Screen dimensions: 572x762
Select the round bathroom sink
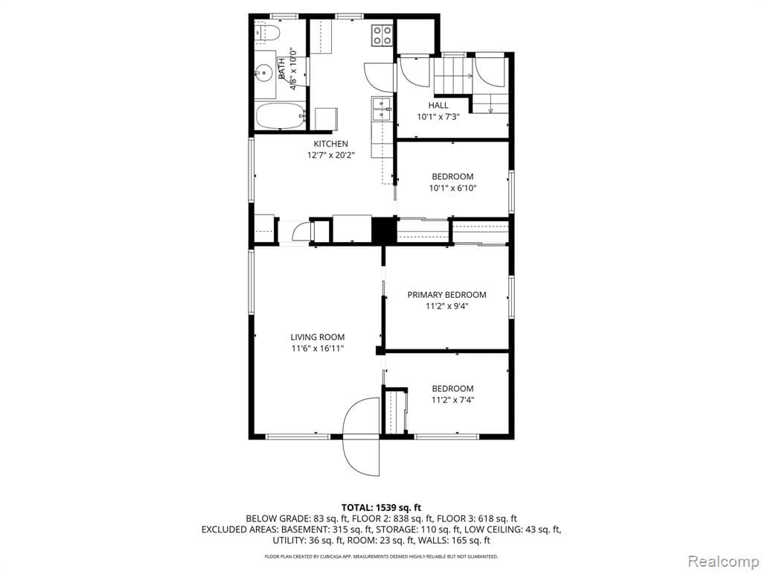(x=263, y=73)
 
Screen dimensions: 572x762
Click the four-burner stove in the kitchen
(x=382, y=34)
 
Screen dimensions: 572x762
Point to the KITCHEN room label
(x=330, y=144)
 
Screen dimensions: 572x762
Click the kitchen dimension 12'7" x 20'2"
(x=330, y=156)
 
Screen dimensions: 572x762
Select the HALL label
(x=438, y=105)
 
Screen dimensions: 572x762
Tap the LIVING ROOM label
(x=318, y=337)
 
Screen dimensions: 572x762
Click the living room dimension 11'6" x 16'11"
(x=318, y=349)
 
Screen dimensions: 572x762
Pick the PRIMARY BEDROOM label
(x=446, y=294)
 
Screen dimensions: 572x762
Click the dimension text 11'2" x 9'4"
(x=446, y=306)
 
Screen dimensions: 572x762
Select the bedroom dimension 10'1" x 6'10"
(x=453, y=188)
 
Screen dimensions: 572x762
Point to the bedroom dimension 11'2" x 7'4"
(x=452, y=400)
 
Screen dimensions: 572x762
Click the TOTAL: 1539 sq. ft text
(x=381, y=506)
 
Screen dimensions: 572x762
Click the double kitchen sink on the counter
(x=382, y=109)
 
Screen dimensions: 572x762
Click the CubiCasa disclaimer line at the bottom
(x=381, y=556)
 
